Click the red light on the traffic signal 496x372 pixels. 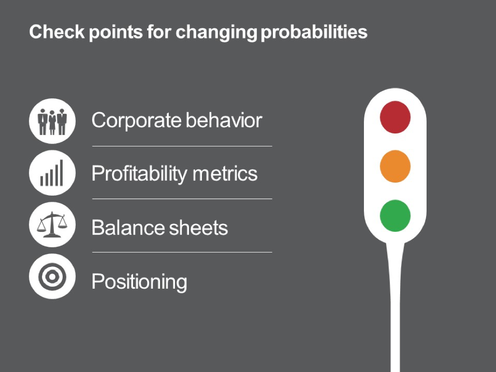click(395, 117)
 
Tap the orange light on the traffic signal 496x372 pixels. click(395, 166)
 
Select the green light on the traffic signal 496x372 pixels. click(395, 216)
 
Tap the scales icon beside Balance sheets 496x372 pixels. click(52, 225)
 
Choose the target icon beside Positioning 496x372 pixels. click(52, 277)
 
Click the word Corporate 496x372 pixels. click(136, 121)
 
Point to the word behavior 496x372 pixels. click(224, 120)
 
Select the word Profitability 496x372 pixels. click(139, 174)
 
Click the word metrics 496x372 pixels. click(225, 174)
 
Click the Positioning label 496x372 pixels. click(139, 282)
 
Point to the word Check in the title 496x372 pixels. click(57, 32)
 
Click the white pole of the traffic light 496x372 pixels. click(395, 307)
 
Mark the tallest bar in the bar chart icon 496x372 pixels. click(61, 173)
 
